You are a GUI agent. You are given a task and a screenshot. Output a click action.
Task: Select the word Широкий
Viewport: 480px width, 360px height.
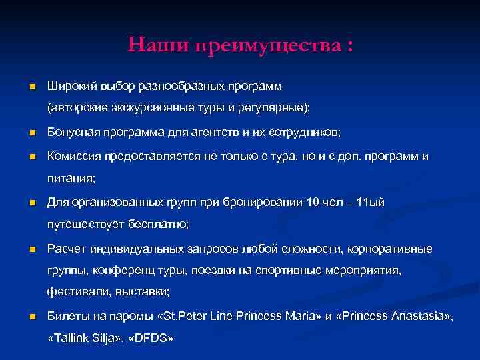click(x=71, y=87)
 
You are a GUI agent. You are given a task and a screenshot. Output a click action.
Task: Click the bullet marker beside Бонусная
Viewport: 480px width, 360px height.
click(x=31, y=133)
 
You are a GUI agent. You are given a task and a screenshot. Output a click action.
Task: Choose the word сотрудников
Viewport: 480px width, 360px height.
click(x=304, y=133)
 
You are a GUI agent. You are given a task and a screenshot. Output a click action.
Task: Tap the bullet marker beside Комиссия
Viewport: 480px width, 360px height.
click(x=31, y=157)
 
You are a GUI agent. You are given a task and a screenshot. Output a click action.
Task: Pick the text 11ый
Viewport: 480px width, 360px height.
click(x=371, y=202)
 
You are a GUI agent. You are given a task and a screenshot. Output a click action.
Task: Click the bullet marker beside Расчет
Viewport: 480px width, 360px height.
click(x=31, y=249)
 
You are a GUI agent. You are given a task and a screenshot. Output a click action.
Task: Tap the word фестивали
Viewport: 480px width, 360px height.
click(x=74, y=291)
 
